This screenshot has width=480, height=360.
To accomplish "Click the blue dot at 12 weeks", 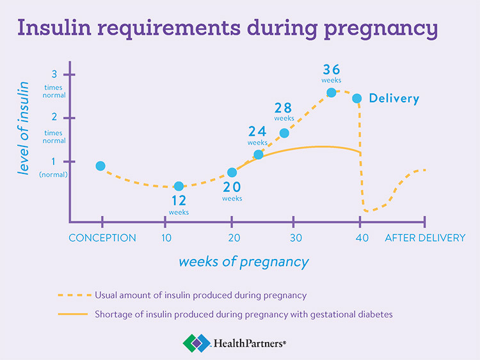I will [179, 186].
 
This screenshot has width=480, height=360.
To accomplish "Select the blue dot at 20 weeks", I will [232, 173].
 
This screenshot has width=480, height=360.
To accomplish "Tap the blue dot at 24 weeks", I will [259, 155].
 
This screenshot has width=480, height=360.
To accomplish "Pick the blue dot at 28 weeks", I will [284, 133].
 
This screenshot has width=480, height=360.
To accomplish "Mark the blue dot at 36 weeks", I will [332, 93].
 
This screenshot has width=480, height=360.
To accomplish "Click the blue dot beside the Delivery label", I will [357, 98].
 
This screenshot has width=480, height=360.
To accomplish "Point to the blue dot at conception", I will [100, 166].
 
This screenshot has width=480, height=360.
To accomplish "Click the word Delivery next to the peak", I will [394, 98].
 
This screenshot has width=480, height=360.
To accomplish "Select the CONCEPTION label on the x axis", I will [102, 238].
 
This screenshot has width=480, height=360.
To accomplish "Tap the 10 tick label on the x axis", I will [166, 238].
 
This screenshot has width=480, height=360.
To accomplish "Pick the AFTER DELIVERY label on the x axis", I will [425, 238].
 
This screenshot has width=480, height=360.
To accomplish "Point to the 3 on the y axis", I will [54, 74].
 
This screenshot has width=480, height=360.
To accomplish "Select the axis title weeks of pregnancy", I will [243, 262].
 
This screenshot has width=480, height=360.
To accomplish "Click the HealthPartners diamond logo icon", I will [195, 343].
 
